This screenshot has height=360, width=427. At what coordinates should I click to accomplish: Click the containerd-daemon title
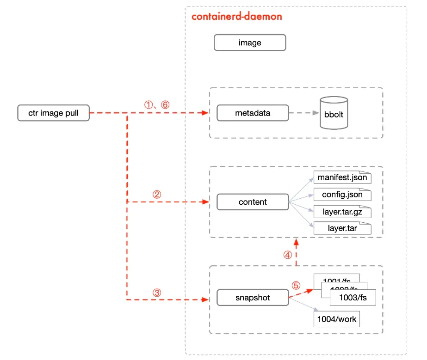tap(236, 17)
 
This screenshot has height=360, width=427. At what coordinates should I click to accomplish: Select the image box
tap(250, 43)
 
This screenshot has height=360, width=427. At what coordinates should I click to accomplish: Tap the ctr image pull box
tap(53, 113)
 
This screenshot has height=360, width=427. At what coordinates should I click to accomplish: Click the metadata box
tap(253, 113)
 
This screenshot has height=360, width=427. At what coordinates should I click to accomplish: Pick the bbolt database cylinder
tap(334, 113)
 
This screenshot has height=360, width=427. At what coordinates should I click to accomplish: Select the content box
tap(253, 202)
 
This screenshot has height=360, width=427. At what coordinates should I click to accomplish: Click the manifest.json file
tap(342, 178)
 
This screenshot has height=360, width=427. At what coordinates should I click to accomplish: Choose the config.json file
tap(342, 195)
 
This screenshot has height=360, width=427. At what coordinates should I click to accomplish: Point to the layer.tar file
tap(342, 228)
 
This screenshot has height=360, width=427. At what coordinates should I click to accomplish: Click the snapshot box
tap(253, 298)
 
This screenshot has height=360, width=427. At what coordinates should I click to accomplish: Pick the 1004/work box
tap(336, 319)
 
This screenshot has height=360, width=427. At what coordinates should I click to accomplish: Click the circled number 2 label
tap(157, 195)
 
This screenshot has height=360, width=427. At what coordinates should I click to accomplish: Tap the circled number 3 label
tap(157, 293)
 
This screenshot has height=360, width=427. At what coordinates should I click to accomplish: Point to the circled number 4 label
tap(287, 255)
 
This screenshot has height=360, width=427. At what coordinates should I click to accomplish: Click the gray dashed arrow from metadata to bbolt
tap(303, 113)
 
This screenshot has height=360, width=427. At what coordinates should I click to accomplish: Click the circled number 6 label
tap(165, 105)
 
